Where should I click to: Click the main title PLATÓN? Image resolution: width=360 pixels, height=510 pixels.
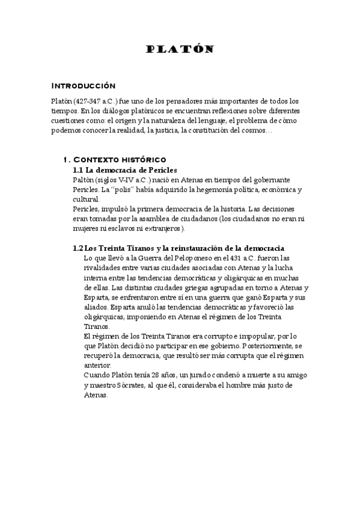click(180, 50)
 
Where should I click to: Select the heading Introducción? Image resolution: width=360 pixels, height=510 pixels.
click(83, 85)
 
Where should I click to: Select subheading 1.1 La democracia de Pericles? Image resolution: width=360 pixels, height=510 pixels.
click(125, 170)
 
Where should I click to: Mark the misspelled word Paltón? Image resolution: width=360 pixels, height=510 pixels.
click(84, 180)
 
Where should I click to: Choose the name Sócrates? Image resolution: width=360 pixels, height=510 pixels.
click(139, 385)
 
